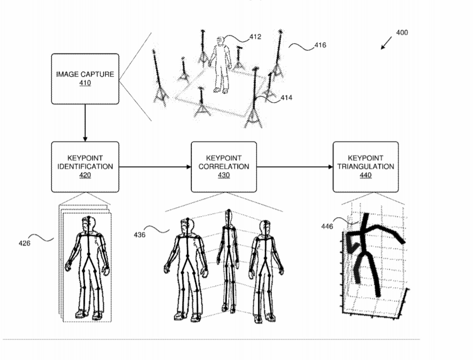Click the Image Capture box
(x=85, y=79)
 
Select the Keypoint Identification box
(x=85, y=167)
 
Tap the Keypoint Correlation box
(x=224, y=167)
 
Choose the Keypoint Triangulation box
(x=366, y=167)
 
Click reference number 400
(x=402, y=33)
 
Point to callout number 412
(x=255, y=37)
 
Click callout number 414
(x=286, y=98)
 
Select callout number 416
(x=320, y=45)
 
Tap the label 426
(x=24, y=243)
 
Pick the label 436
(x=140, y=235)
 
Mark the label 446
(x=327, y=227)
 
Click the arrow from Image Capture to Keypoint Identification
(x=85, y=123)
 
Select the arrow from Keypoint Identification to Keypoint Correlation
(x=155, y=167)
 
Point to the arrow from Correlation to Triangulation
(x=295, y=167)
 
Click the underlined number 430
(x=224, y=175)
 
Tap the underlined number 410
(x=85, y=83)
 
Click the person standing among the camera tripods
(x=221, y=64)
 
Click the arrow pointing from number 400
(x=386, y=43)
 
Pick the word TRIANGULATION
(x=366, y=167)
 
